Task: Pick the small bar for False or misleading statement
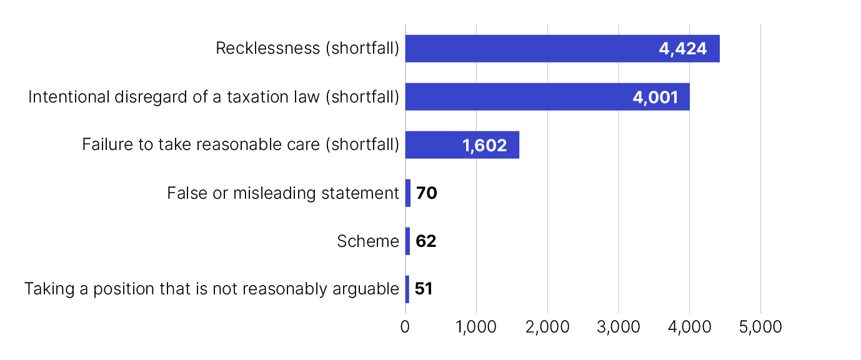(408, 193)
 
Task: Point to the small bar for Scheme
(407, 241)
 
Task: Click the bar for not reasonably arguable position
(407, 289)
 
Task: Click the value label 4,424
(683, 49)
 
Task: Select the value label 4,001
(655, 97)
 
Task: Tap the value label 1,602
(484, 146)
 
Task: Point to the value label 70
(426, 194)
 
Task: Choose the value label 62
(426, 242)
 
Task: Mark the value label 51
(424, 289)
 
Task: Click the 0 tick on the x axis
(406, 327)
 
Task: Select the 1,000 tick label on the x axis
(476, 327)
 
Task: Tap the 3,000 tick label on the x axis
(619, 327)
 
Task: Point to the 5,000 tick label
(760, 327)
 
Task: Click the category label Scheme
(368, 241)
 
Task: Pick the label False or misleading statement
(283, 193)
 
